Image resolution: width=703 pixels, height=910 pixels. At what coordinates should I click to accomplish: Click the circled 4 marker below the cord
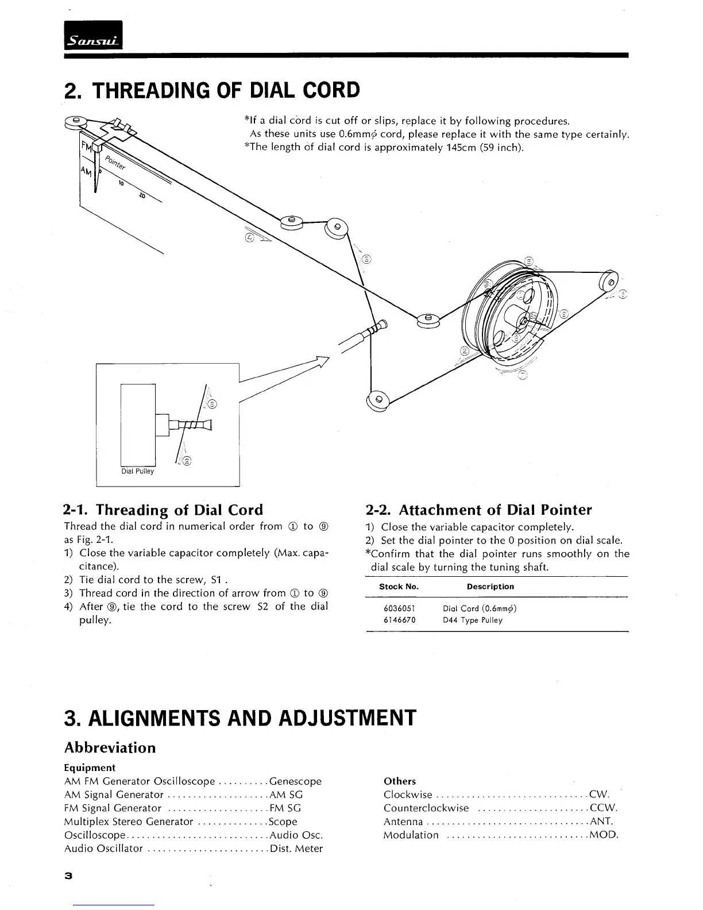[250, 237]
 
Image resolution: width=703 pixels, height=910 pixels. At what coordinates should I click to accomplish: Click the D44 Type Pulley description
[473, 620]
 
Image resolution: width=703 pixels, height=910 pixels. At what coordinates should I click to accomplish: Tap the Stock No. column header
[399, 587]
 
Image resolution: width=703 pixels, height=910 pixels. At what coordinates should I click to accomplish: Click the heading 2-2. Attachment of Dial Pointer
[478, 510]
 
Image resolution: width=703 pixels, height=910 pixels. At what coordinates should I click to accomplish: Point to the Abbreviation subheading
[110, 748]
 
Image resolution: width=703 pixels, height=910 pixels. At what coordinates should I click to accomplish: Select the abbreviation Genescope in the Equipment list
[295, 781]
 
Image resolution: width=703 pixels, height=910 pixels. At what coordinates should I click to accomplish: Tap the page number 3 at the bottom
[68, 876]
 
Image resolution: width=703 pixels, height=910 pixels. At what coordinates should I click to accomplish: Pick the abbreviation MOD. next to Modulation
[604, 835]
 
